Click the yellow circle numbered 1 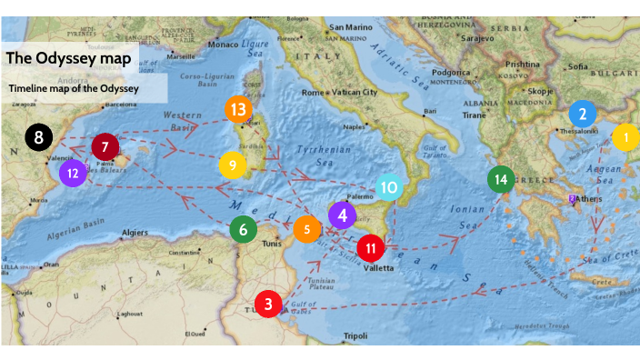coord(625,137)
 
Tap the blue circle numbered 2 coord(583,114)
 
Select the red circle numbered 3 coord(268,303)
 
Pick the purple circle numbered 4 coord(342,215)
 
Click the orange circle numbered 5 coord(307,229)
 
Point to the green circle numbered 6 coord(243,229)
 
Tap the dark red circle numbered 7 coord(105,145)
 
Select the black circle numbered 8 coord(38,138)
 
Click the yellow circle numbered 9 coord(233,165)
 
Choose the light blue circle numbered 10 coord(389,187)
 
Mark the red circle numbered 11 coord(370,246)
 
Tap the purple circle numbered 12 coord(73,172)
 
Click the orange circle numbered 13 coord(239,109)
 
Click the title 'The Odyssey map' coord(68,58)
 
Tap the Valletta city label coord(378,267)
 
